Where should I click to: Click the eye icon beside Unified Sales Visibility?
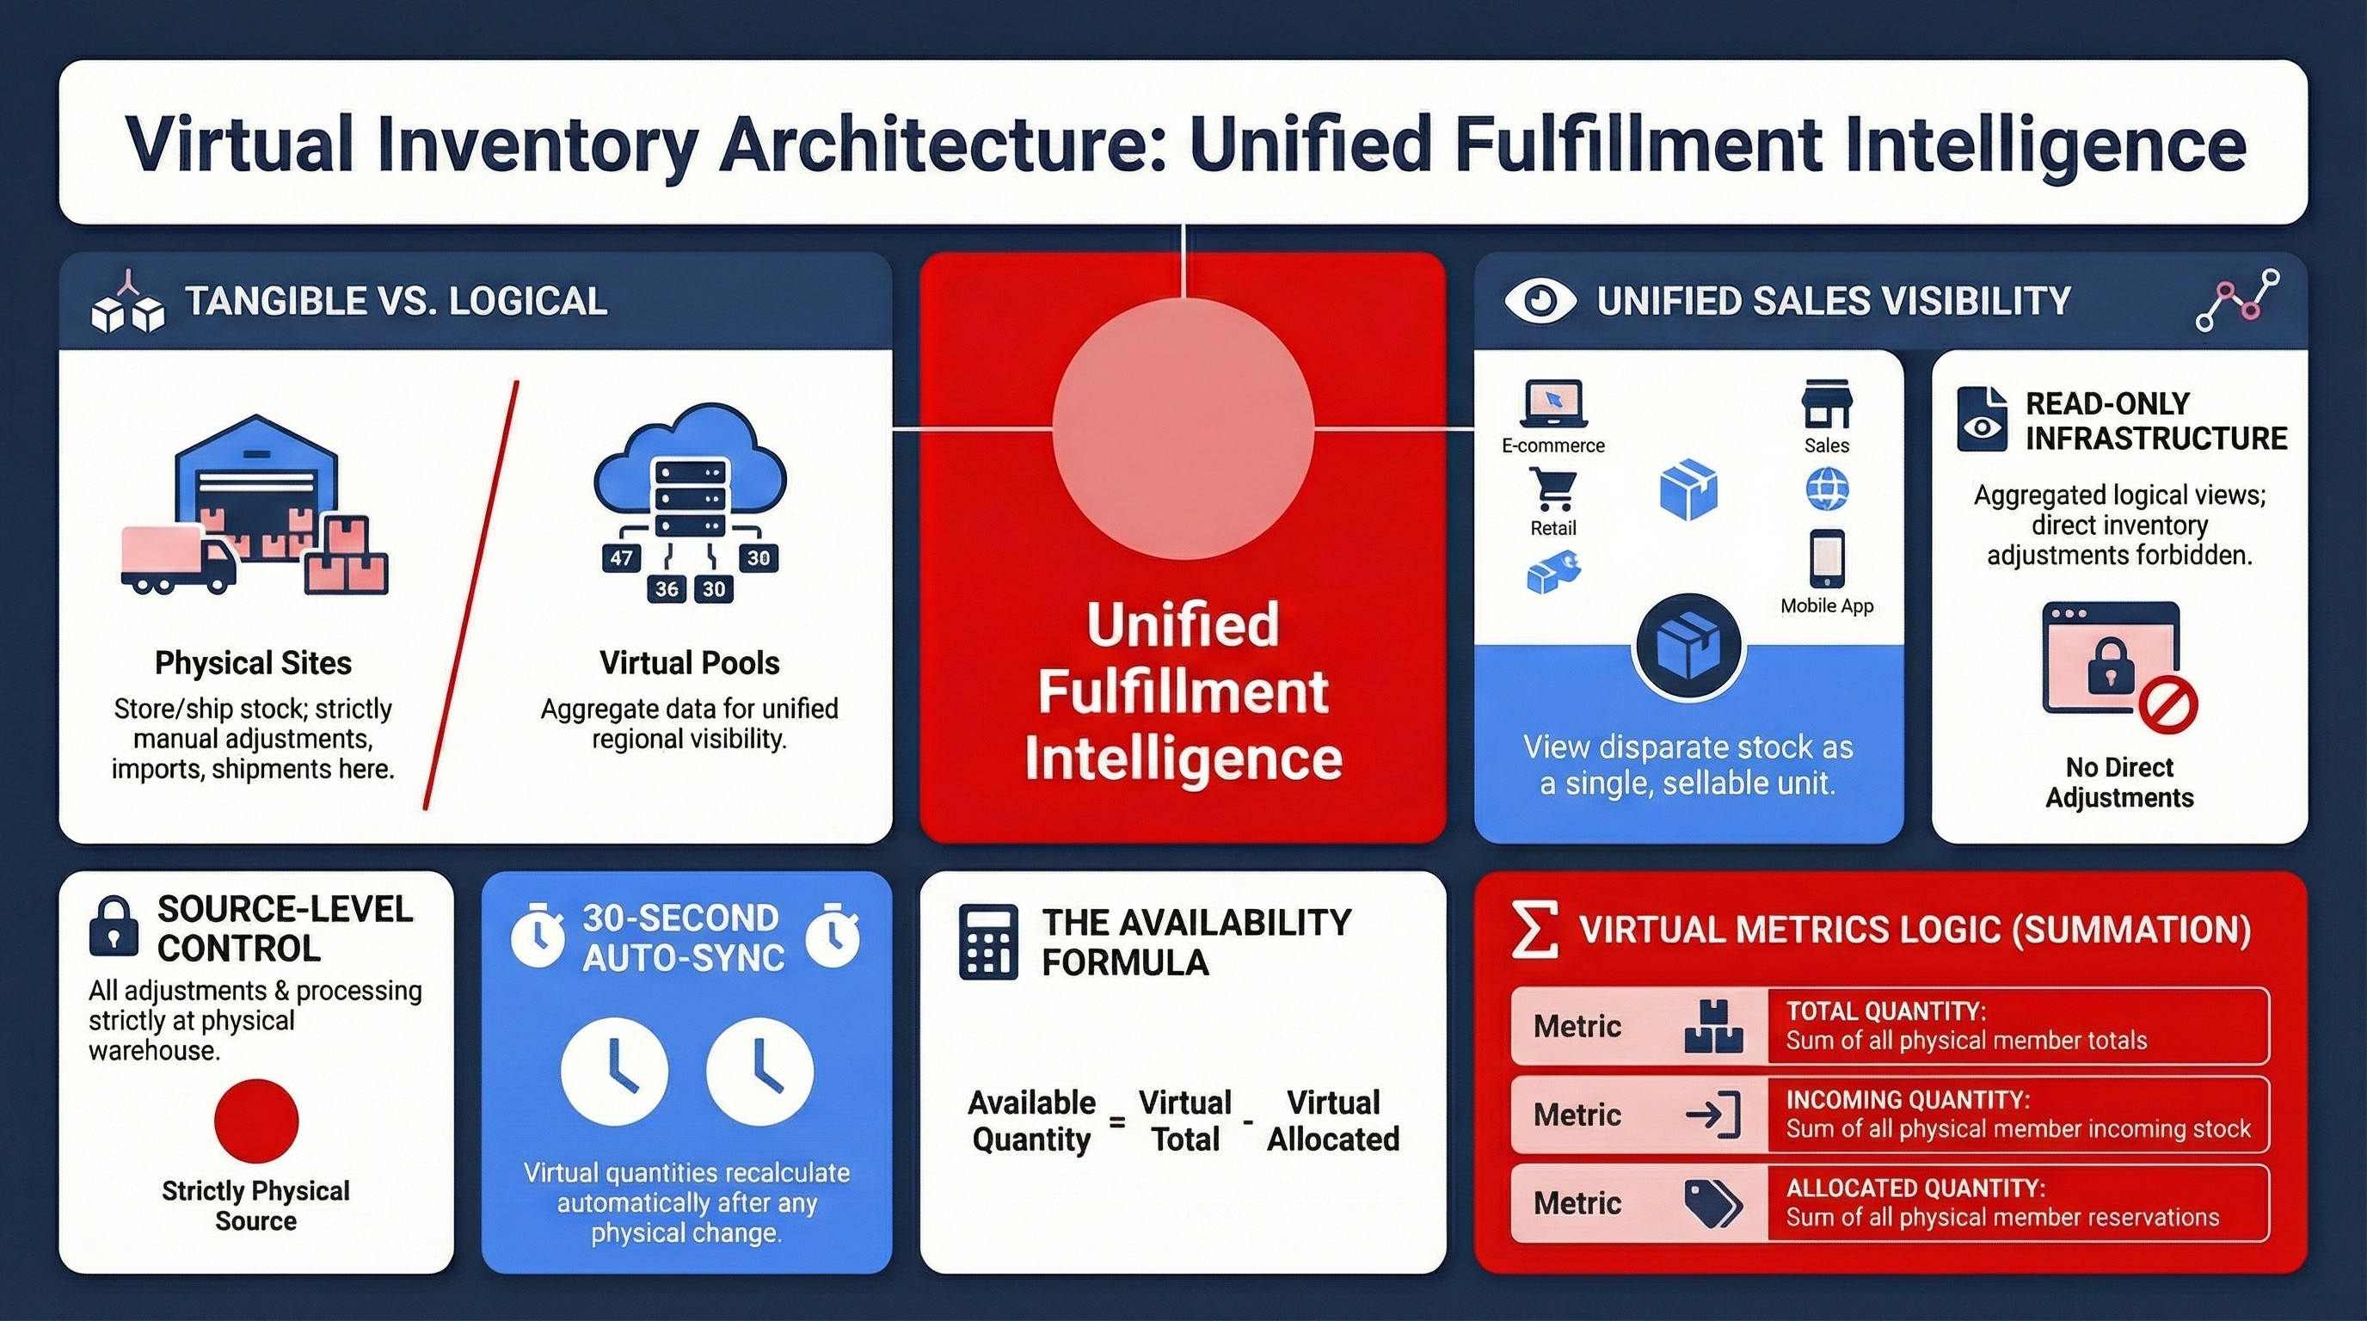1541,301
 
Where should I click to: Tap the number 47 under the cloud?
621,557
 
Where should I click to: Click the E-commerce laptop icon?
1552,404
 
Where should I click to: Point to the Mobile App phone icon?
1827,557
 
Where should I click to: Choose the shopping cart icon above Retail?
1552,488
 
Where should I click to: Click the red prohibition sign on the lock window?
2167,706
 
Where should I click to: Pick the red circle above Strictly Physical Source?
256,1121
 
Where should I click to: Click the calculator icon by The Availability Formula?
987,942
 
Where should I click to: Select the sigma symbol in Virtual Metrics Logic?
1535,930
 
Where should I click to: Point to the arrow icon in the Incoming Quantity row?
1712,1115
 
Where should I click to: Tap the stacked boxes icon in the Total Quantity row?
1712,1027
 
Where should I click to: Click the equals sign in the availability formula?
1117,1121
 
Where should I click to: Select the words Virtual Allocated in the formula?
1333,1121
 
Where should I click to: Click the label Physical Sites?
253,662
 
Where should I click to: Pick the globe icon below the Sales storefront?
1827,488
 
